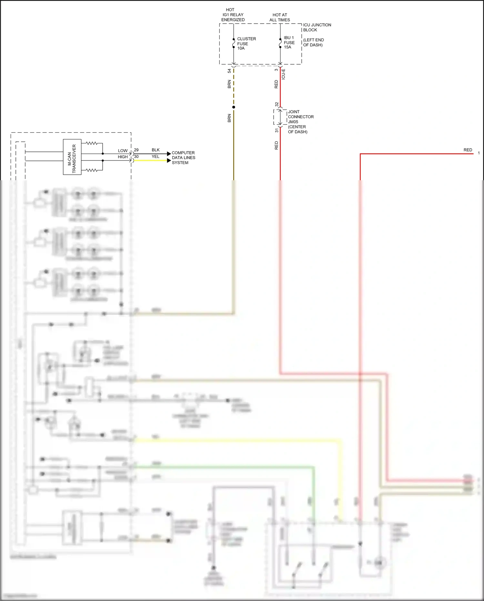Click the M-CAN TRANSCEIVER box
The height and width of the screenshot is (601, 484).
[72, 157]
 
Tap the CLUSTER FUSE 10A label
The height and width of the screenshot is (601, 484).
[246, 44]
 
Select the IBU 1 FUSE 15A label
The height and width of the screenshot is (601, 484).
[289, 42]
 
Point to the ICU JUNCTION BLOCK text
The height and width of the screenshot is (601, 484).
[317, 27]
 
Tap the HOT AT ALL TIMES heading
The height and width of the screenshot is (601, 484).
[279, 17]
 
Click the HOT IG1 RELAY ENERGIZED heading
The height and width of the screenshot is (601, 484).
[233, 15]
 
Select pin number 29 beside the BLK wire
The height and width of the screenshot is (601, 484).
[136, 150]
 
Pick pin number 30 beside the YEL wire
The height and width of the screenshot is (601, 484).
[136, 157]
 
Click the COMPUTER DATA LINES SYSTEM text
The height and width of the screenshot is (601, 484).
[183, 158]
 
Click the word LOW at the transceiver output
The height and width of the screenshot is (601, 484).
[123, 151]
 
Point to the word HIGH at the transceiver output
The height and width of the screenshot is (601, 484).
[123, 157]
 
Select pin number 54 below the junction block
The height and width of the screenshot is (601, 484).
[229, 71]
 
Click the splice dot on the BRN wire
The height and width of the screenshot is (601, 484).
[234, 107]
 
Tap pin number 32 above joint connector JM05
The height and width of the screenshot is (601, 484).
[277, 104]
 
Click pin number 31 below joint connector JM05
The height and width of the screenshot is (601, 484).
[277, 130]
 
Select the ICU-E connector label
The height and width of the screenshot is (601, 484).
[283, 74]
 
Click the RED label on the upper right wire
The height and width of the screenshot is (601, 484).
[468, 150]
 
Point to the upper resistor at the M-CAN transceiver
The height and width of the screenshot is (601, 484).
[92, 143]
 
